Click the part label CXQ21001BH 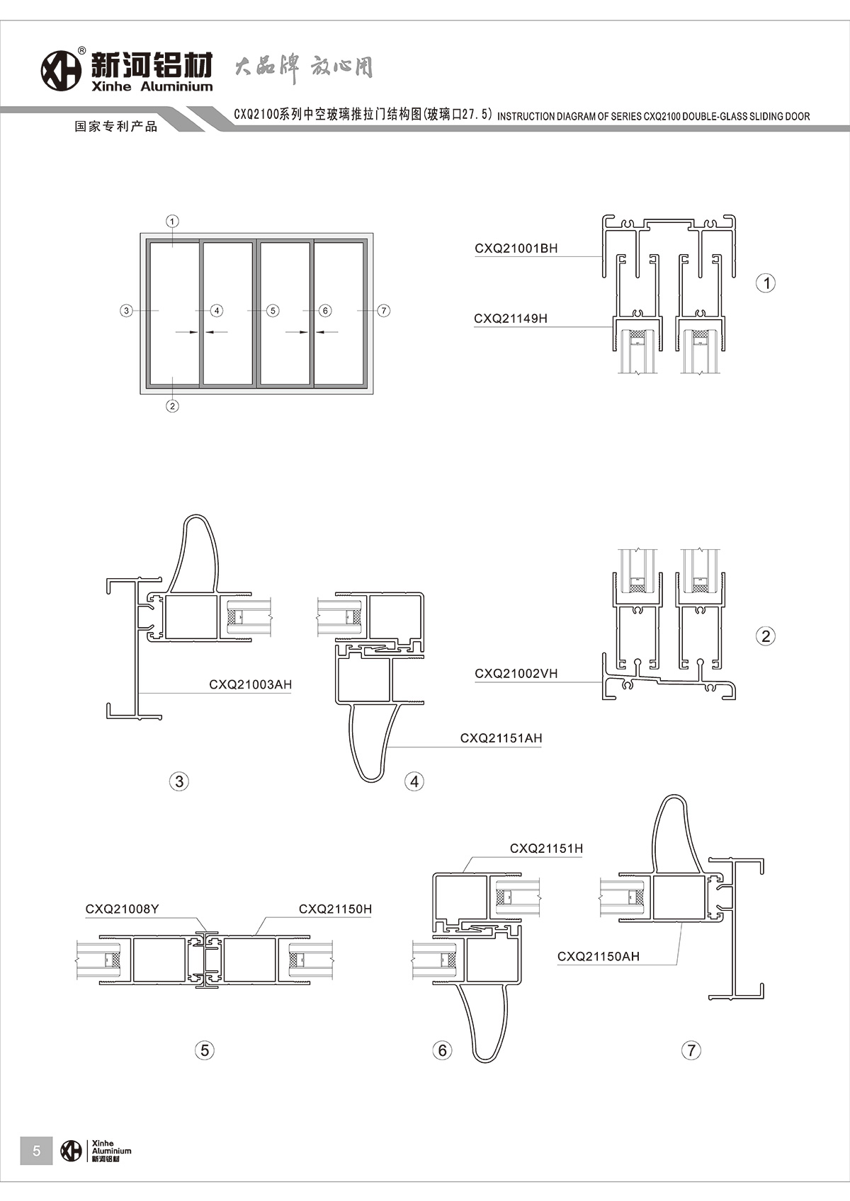coord(516,248)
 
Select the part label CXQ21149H coord(511,318)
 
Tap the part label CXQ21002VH coord(516,674)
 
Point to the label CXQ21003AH coord(250,684)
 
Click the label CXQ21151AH coord(501,738)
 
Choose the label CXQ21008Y coord(123,909)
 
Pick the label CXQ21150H coord(335,909)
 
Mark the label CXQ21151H coord(546,849)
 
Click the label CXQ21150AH coord(598,956)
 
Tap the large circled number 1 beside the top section coord(766,283)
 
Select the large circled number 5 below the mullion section coord(205,1050)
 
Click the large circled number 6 coord(442,1050)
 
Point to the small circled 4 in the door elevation coord(217,311)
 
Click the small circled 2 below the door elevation coord(172,406)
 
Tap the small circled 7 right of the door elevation coord(383,311)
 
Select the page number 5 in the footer coord(37,1150)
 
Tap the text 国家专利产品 coord(116,127)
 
